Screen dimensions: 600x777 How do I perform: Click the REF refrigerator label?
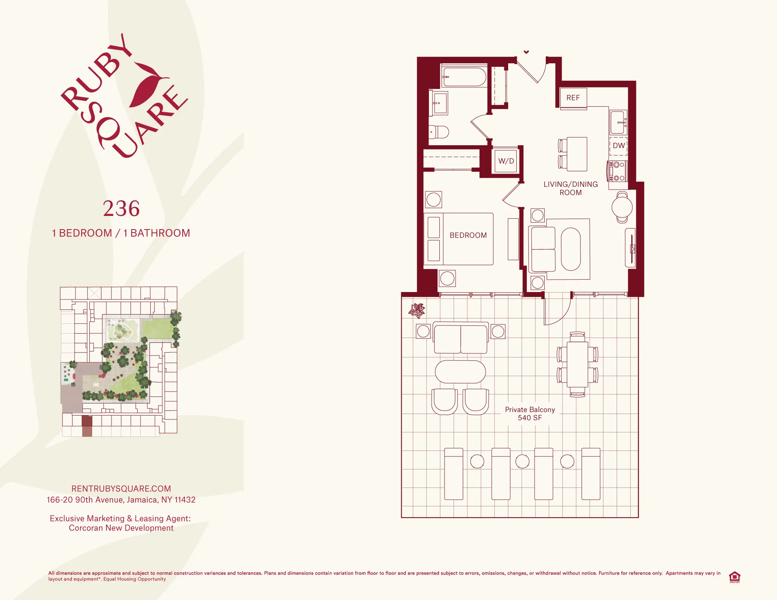[573, 98]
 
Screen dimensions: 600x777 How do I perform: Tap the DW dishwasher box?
[618, 146]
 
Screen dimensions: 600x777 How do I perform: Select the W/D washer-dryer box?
[506, 161]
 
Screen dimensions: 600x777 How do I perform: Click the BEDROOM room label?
[468, 235]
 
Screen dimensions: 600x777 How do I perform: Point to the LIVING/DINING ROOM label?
[570, 188]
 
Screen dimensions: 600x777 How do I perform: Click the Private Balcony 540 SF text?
[530, 414]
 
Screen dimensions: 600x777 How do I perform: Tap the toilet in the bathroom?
[439, 132]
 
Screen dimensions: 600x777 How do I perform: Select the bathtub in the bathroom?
[464, 77]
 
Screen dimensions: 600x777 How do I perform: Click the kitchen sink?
[618, 122]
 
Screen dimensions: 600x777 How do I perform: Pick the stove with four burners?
[618, 171]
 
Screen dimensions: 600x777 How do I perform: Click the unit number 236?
[121, 209]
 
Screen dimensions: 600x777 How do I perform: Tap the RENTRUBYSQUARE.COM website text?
[121, 489]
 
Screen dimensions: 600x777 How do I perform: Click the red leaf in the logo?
[146, 85]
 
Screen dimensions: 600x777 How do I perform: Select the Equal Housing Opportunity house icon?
[734, 577]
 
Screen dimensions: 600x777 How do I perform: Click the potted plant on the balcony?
[417, 310]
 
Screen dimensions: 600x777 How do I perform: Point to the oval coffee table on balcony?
[460, 372]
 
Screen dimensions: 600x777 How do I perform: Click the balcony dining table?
[577, 364]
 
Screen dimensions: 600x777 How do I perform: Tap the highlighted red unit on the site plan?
[87, 426]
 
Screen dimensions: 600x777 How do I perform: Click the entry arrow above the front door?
[526, 52]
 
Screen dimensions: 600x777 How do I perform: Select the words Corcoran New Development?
[121, 528]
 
